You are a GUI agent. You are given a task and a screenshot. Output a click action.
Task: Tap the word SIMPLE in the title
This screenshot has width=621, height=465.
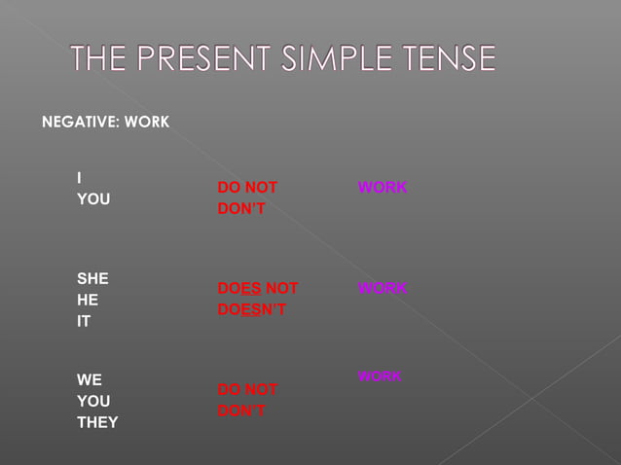[344, 60]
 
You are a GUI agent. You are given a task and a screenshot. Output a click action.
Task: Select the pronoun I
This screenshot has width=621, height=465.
[80, 177]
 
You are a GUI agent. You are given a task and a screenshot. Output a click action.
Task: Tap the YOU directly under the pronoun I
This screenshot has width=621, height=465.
[93, 199]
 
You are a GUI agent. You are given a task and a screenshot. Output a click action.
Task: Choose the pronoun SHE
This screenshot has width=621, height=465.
[93, 278]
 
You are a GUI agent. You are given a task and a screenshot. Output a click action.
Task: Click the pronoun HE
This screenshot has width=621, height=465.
[88, 300]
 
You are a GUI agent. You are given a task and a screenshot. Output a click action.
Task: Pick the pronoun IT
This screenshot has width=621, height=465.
[84, 321]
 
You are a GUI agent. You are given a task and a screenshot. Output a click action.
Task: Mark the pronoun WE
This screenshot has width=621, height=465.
[90, 379]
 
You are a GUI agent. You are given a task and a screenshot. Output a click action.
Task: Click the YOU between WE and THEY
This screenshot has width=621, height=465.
[93, 401]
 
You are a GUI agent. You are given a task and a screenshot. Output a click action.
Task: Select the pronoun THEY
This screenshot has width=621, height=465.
[97, 422]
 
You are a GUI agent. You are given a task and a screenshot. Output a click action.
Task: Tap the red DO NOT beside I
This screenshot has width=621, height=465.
[247, 187]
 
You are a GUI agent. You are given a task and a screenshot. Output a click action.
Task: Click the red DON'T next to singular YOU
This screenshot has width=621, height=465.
[241, 208]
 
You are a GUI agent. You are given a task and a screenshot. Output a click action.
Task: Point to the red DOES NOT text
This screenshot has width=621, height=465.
[258, 288]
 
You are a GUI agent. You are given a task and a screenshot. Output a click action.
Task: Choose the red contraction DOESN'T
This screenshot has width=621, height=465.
[252, 309]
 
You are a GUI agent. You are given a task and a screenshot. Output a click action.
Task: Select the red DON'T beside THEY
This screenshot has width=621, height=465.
[241, 411]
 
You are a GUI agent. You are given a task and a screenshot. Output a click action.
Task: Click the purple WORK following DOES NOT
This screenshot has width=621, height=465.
[383, 288]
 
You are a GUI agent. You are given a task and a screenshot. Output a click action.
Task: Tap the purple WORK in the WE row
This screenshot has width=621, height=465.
[380, 376]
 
